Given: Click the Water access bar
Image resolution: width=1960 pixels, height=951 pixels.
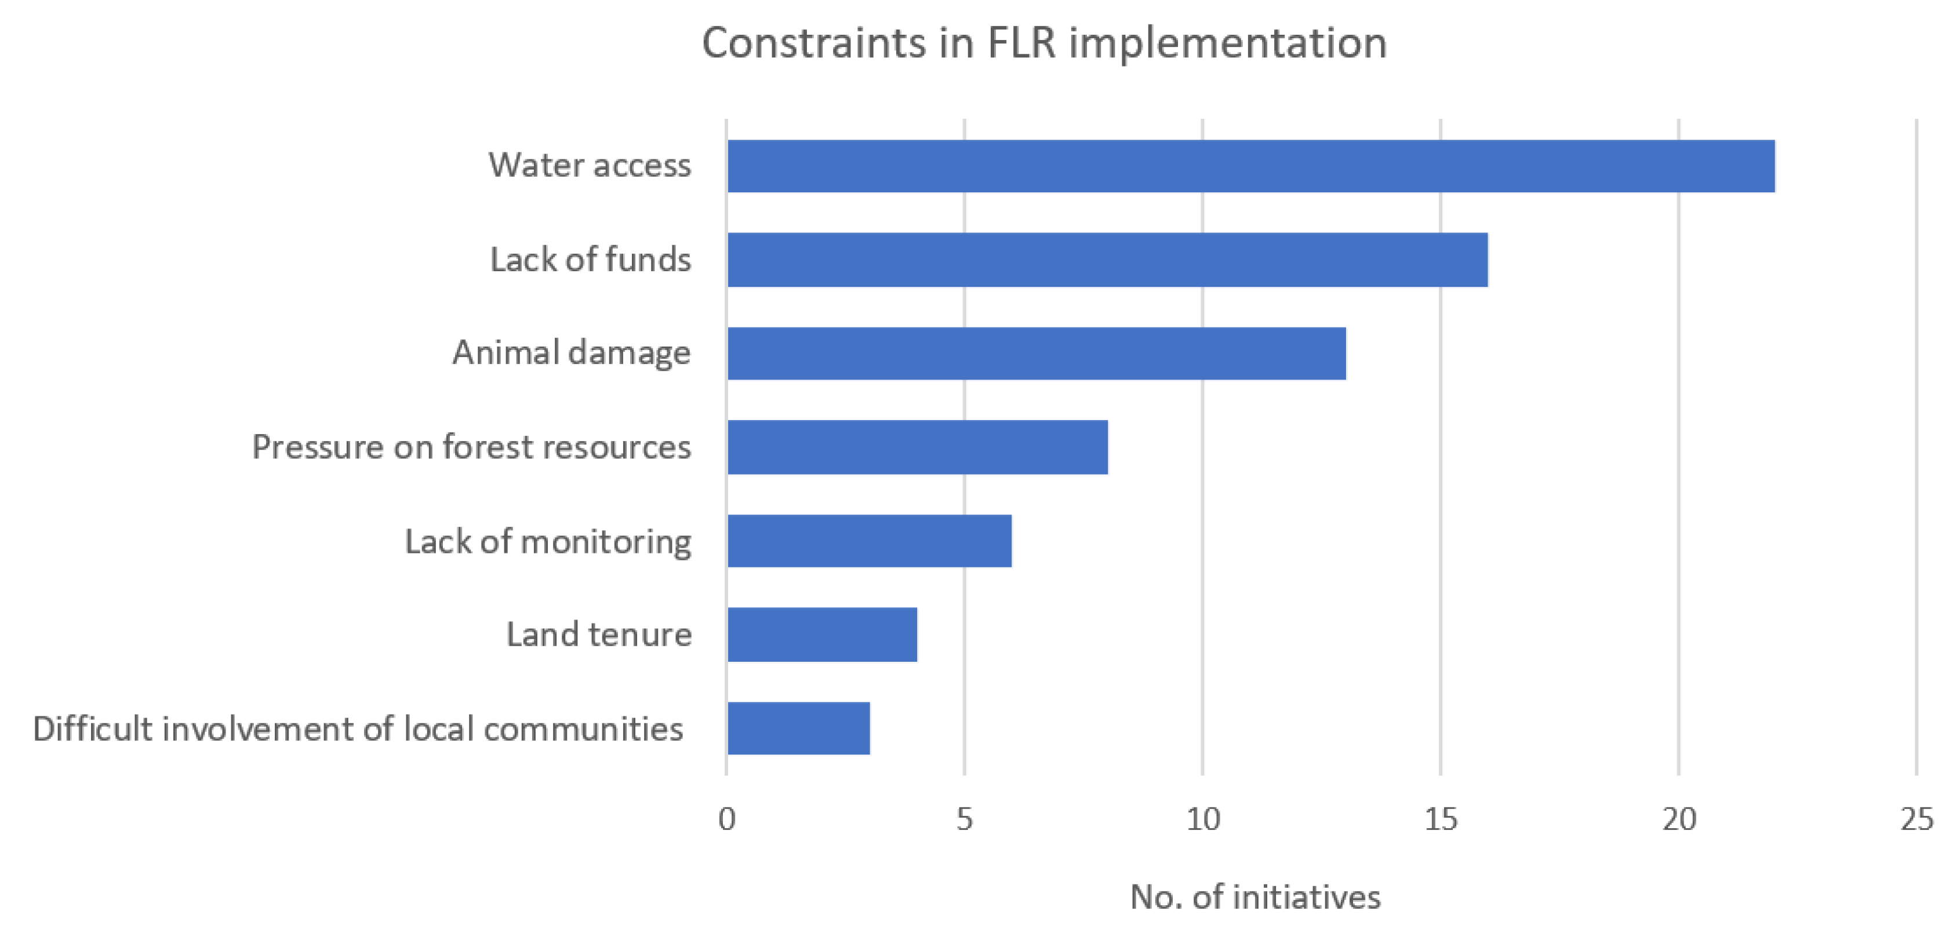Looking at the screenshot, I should pyautogui.click(x=1251, y=166).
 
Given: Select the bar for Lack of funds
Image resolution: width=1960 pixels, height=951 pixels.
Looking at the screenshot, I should pyautogui.click(x=1107, y=260).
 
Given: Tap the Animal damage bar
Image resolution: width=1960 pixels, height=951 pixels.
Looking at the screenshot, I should pyautogui.click(x=1037, y=353).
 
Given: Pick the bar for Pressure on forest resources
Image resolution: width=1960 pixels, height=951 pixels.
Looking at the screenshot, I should pyautogui.click(x=918, y=447).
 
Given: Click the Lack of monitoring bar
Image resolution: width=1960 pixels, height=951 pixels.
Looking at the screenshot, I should pyautogui.click(x=870, y=541).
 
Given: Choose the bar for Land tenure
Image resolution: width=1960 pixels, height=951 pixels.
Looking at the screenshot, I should pyautogui.click(x=822, y=635).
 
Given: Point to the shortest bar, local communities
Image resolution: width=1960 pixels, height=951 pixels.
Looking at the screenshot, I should pyautogui.click(x=798, y=728).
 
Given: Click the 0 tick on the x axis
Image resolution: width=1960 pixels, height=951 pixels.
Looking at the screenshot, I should pyautogui.click(x=726, y=819).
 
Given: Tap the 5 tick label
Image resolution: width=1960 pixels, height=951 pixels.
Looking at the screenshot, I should pyautogui.click(x=965, y=819).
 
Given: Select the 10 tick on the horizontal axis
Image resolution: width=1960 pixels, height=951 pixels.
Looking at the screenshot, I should pyautogui.click(x=1203, y=819).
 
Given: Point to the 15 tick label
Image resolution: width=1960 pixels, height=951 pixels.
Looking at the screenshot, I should pyautogui.click(x=1441, y=819).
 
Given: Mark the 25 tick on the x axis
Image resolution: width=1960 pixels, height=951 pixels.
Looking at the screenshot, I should pyautogui.click(x=1917, y=819).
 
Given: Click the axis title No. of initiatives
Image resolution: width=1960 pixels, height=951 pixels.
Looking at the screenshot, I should pyautogui.click(x=1256, y=897).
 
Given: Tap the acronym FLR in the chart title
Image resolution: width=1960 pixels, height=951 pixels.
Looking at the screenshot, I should pyautogui.click(x=1022, y=43).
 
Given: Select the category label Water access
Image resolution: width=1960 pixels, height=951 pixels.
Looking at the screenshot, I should pyautogui.click(x=590, y=165).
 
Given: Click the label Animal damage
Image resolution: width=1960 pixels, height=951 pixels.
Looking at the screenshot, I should pyautogui.click(x=572, y=353).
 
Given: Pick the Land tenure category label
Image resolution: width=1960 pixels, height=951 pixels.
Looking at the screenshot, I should pyautogui.click(x=599, y=635).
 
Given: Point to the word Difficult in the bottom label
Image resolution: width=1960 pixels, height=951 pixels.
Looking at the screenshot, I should pyautogui.click(x=92, y=729).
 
